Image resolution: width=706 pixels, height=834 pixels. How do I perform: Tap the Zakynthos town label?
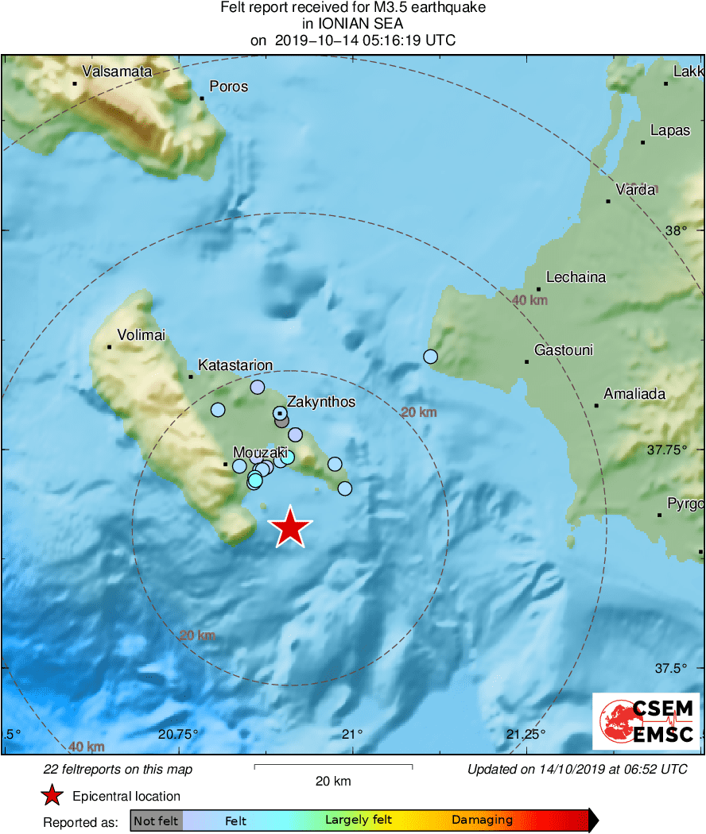320,402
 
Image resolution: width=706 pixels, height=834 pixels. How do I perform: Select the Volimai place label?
141,335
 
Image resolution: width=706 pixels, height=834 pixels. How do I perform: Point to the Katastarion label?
235,365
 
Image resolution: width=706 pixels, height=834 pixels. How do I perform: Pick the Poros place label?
228,87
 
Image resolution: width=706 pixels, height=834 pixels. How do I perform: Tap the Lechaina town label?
570,277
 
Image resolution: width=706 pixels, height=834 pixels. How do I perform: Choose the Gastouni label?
564,350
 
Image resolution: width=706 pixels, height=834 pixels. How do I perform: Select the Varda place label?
635,190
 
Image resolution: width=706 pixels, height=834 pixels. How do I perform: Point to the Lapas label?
670,131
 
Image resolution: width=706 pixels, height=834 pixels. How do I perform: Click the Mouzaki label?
259,453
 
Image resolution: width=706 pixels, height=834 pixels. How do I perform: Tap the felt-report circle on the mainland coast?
430,357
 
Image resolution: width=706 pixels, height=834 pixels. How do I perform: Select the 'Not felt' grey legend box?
156,820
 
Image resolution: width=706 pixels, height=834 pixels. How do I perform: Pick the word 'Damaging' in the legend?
482,820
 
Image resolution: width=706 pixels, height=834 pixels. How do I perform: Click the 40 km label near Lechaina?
529,300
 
